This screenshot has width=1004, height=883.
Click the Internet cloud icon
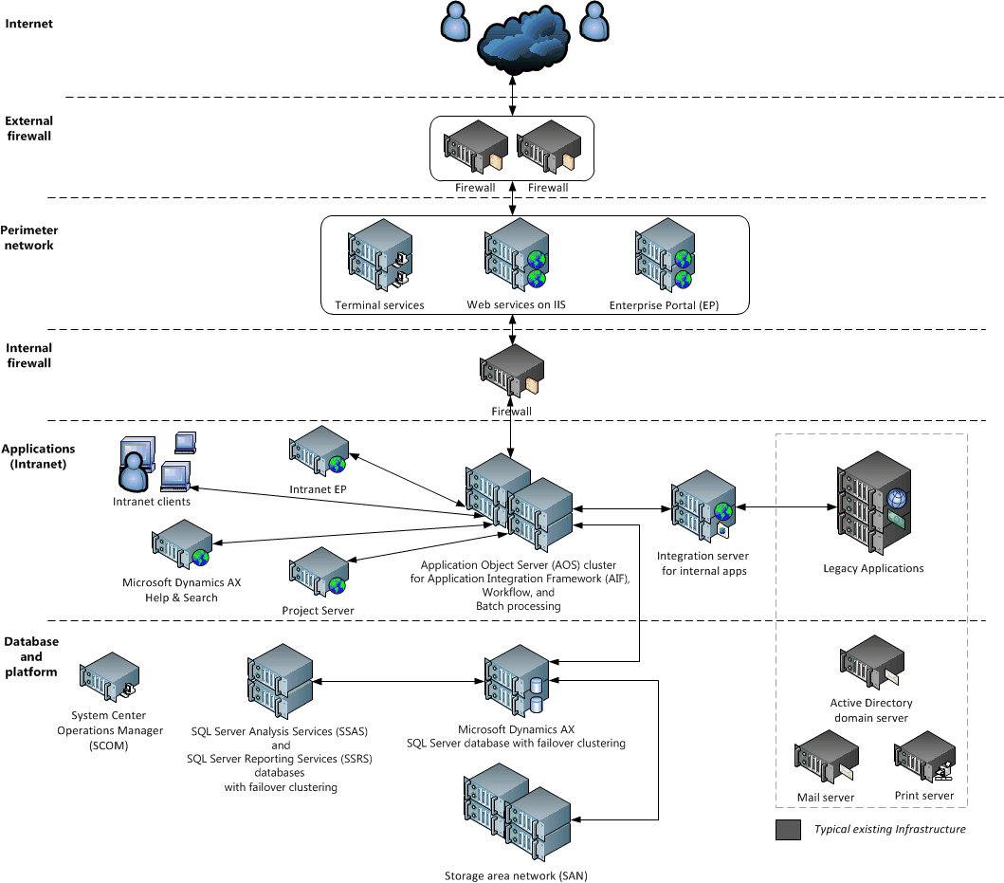pyautogui.click(x=524, y=40)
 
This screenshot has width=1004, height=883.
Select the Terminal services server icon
pyautogui.click(x=379, y=256)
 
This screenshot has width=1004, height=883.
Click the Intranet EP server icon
pyautogui.click(x=319, y=453)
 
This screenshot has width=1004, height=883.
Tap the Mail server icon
pyautogui.click(x=827, y=762)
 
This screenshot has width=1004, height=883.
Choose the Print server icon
pyautogui.click(x=924, y=761)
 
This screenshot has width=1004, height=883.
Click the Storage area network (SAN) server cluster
pyautogui.click(x=516, y=816)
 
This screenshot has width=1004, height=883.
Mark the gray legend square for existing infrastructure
pyautogui.click(x=788, y=830)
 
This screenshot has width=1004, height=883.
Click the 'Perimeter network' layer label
pyautogui.click(x=29, y=238)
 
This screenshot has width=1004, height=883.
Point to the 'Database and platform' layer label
pyautogui.click(x=30, y=656)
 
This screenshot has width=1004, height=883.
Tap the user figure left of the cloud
pyautogui.click(x=456, y=23)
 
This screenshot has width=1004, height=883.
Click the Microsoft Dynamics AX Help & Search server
pyautogui.click(x=181, y=546)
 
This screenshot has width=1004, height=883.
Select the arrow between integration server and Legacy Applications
pyautogui.click(x=786, y=508)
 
